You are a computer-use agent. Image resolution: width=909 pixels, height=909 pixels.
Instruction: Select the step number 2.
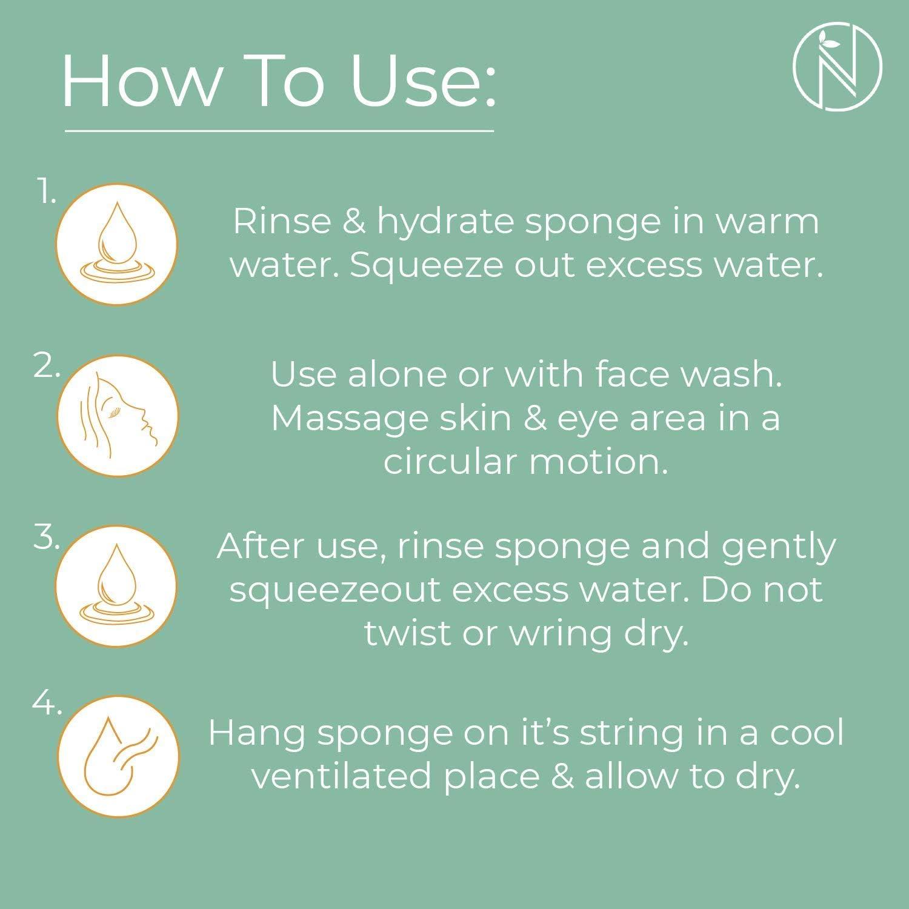(x=47, y=366)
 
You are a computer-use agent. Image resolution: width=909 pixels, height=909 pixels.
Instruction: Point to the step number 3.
(x=46, y=538)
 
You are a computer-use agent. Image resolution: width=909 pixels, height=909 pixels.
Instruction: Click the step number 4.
(x=47, y=704)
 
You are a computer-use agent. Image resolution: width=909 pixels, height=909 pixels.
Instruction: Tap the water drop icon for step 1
(x=117, y=244)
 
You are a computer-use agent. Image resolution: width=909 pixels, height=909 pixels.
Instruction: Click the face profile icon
(x=118, y=416)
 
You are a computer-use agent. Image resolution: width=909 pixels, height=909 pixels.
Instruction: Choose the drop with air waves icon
(x=119, y=756)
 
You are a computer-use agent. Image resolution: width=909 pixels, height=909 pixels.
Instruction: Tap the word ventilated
(x=341, y=777)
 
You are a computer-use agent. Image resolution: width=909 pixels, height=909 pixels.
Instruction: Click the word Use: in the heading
(x=423, y=82)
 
